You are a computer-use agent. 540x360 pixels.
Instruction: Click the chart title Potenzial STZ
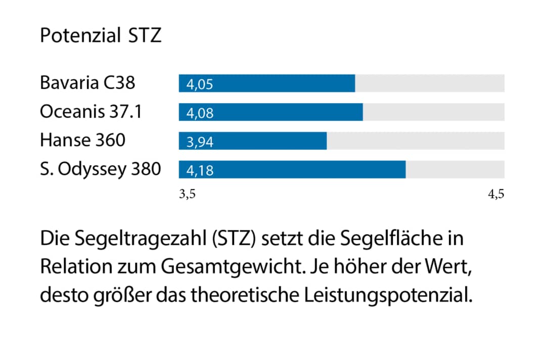click(x=101, y=36)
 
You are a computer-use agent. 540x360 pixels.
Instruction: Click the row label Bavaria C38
click(x=87, y=82)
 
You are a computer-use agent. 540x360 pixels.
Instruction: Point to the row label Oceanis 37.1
click(x=91, y=111)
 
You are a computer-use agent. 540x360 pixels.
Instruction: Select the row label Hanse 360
click(x=82, y=140)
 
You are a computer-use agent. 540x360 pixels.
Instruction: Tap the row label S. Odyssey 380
click(x=100, y=169)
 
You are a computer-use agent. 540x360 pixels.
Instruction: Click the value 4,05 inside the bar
click(x=200, y=84)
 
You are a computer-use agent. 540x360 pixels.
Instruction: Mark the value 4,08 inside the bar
click(x=200, y=113)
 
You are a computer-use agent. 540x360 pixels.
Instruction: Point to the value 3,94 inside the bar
click(x=200, y=142)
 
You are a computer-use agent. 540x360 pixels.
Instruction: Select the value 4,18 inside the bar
click(x=200, y=170)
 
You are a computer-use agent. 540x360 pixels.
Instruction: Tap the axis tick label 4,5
click(x=496, y=195)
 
